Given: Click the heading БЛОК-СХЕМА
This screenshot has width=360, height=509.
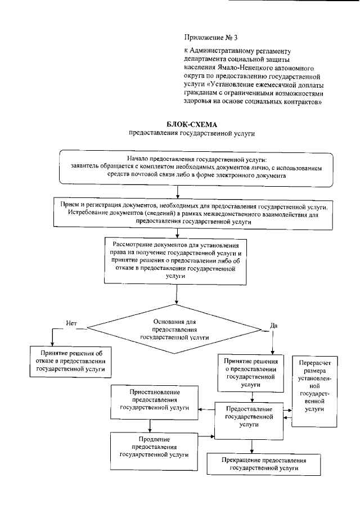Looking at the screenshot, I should (x=192, y=124).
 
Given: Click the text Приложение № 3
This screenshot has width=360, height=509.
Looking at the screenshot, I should (x=208, y=38).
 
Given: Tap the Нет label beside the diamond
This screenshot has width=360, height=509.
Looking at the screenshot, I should (x=71, y=322).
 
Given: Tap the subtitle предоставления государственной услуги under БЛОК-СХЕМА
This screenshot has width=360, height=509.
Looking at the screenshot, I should (x=192, y=133).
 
